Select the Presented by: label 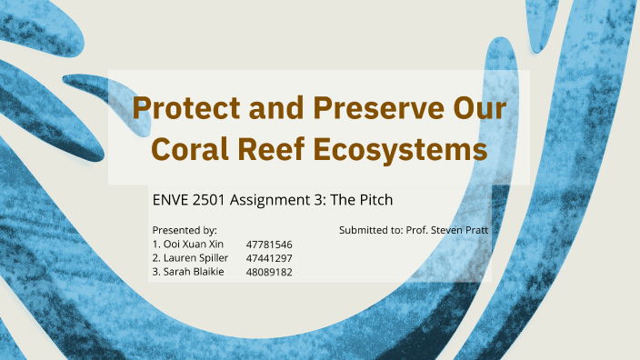tap(185, 231)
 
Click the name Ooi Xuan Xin tap(190, 245)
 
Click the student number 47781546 tap(269, 245)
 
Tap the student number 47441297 tap(269, 258)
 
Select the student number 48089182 tap(269, 272)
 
